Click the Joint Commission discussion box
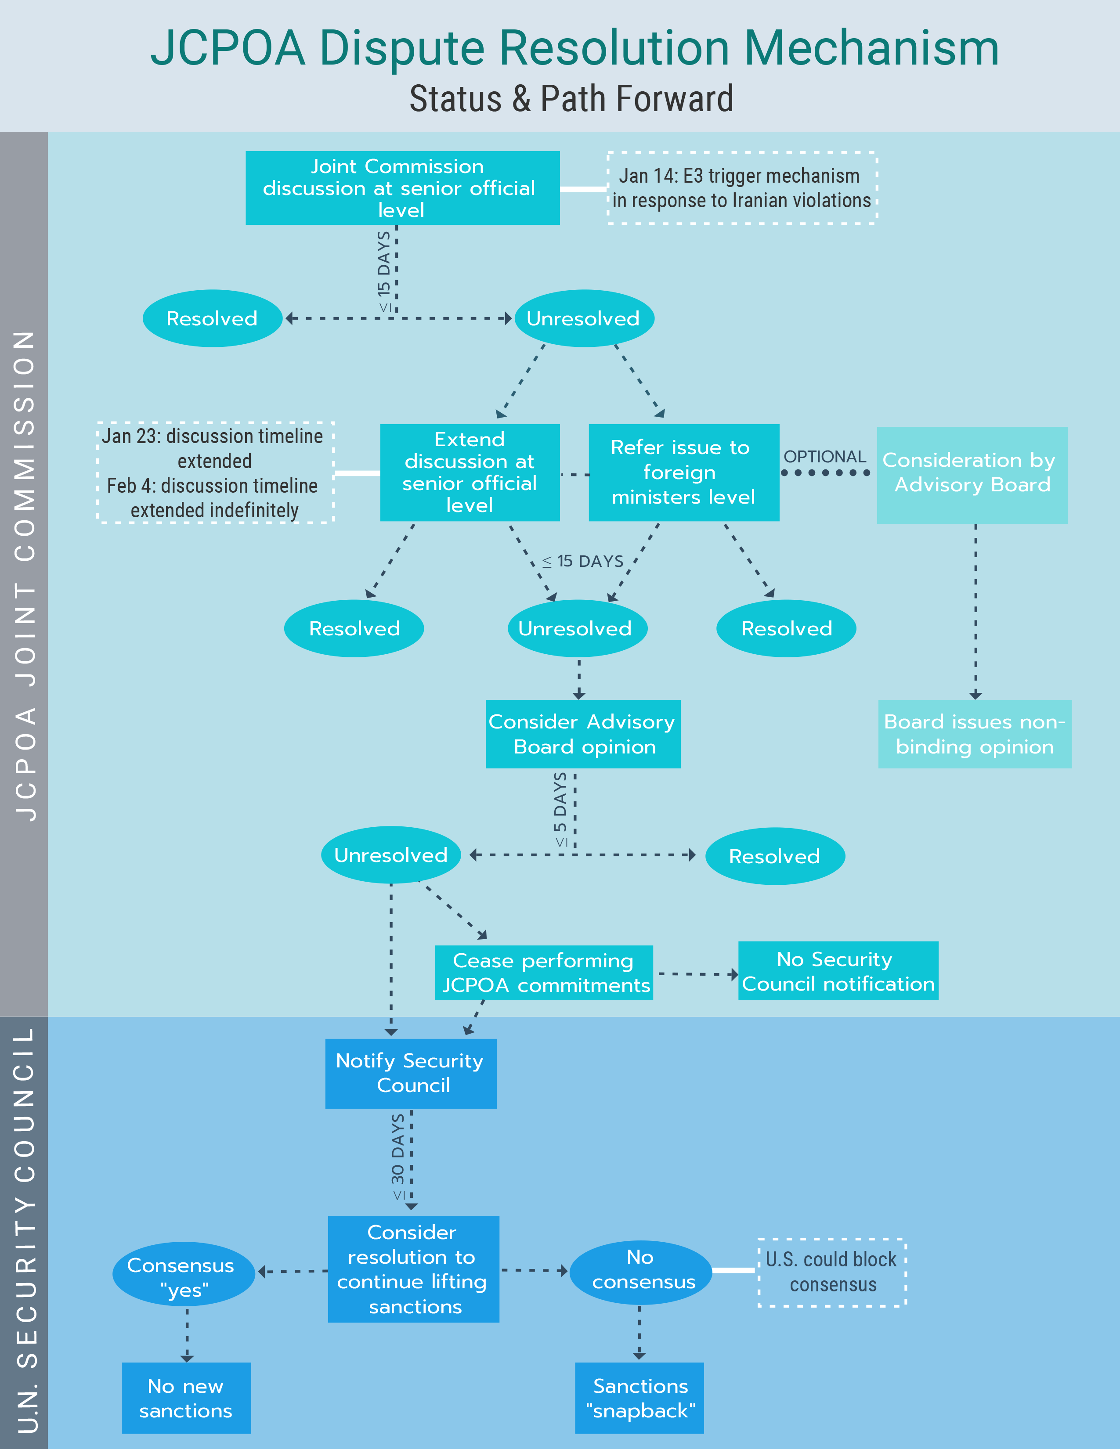coord(402,188)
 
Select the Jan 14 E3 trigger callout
coord(742,188)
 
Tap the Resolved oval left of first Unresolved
coord(212,318)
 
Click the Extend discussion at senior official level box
coord(470,472)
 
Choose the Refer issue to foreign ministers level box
coord(683,472)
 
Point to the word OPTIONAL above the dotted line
coord(825,457)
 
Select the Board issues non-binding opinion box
coord(974,734)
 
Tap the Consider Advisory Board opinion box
coord(582,734)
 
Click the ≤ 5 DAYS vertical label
coord(561,809)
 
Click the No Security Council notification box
coord(838,971)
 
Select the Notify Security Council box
coord(411,1073)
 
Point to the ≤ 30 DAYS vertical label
coord(397,1158)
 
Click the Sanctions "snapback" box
coord(639,1398)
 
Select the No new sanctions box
coord(186,1398)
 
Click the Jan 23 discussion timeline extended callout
coord(215,472)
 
